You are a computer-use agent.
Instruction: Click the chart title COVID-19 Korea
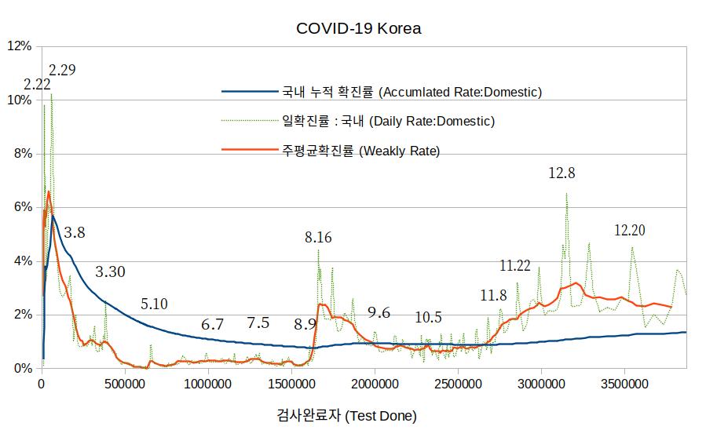[358, 28]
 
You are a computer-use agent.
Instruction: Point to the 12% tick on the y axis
[19, 46]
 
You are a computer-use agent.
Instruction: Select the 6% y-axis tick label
[22, 207]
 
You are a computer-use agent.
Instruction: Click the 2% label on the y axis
[22, 315]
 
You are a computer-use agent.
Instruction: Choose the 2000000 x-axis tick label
[375, 384]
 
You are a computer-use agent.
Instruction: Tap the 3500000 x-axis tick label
[624, 384]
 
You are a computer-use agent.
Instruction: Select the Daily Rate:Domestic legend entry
[388, 122]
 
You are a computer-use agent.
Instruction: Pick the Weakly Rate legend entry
[360, 151]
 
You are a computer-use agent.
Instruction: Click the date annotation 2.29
[62, 70]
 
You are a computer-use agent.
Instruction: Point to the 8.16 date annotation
[318, 237]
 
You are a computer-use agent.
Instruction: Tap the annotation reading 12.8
[562, 173]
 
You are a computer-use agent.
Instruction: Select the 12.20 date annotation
[629, 230]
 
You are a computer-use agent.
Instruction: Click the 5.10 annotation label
[154, 304]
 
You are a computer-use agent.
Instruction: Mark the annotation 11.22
[515, 265]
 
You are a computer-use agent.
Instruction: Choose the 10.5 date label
[428, 317]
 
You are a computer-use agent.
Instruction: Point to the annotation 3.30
[110, 272]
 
